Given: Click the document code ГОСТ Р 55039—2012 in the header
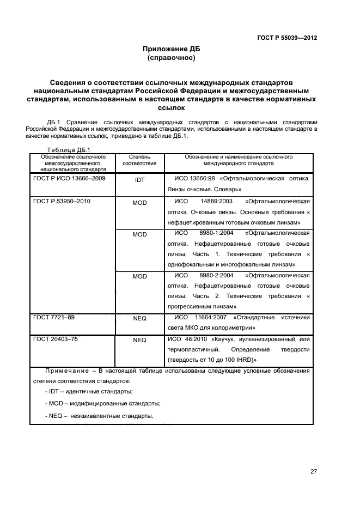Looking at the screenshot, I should pos(287,38).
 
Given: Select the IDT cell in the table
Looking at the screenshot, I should pos(139,179).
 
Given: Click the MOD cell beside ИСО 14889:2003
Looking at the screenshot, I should pos(139,203).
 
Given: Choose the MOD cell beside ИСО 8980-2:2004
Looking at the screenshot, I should pos(139,277).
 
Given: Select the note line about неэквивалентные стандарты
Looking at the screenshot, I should pos(99,416).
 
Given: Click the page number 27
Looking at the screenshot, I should pos(313,471).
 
